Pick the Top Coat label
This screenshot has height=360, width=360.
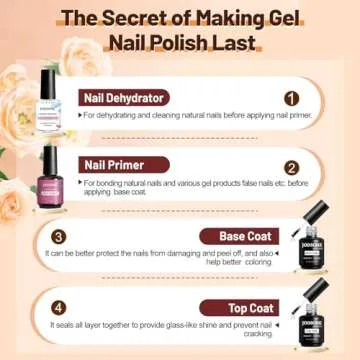click(x=251, y=308)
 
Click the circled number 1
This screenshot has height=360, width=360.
click(x=291, y=98)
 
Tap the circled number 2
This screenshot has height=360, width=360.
click(x=291, y=168)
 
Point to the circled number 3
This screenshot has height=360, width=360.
click(x=59, y=237)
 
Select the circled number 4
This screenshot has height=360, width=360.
click(x=59, y=308)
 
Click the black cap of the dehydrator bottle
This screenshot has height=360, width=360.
click(x=47, y=78)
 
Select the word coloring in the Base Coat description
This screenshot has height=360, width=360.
click(x=257, y=263)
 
